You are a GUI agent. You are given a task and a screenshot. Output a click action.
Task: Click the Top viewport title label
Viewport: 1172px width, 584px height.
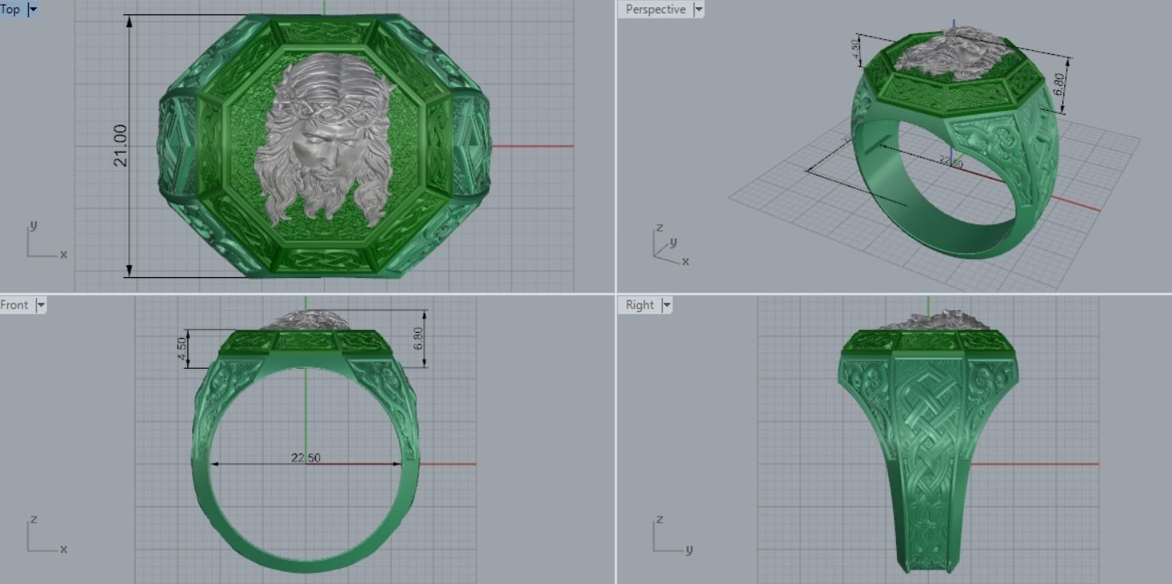pyautogui.click(x=10, y=10)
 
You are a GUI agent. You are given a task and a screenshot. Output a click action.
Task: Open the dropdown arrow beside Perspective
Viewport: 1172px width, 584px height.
pyautogui.click(x=698, y=10)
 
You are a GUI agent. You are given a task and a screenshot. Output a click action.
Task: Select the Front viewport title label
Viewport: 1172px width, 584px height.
pyautogui.click(x=14, y=305)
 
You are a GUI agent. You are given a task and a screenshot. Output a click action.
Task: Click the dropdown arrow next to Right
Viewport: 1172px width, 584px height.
pyautogui.click(x=667, y=305)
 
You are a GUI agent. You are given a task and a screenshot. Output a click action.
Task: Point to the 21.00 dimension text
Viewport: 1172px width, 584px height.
pyautogui.click(x=120, y=145)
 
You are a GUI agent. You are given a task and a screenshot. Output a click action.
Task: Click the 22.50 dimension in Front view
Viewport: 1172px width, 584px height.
pyautogui.click(x=306, y=457)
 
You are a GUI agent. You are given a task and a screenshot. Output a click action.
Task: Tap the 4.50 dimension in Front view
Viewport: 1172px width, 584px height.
pyautogui.click(x=183, y=348)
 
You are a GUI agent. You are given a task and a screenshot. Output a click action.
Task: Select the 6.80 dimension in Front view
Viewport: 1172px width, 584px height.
pyautogui.click(x=419, y=338)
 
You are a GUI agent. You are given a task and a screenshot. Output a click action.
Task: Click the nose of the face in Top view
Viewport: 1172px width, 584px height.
pyautogui.click(x=317, y=153)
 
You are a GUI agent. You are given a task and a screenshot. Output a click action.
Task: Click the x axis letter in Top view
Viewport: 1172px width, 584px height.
pyautogui.click(x=64, y=254)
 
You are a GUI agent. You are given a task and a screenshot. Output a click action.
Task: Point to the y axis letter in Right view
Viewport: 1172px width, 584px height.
pyautogui.click(x=689, y=549)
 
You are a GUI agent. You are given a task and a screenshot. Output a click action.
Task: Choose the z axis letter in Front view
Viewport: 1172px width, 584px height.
pyautogui.click(x=33, y=519)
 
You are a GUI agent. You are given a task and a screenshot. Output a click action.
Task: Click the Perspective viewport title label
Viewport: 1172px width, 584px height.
pyautogui.click(x=655, y=10)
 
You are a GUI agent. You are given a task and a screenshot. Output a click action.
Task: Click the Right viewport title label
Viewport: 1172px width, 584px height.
pyautogui.click(x=639, y=305)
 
